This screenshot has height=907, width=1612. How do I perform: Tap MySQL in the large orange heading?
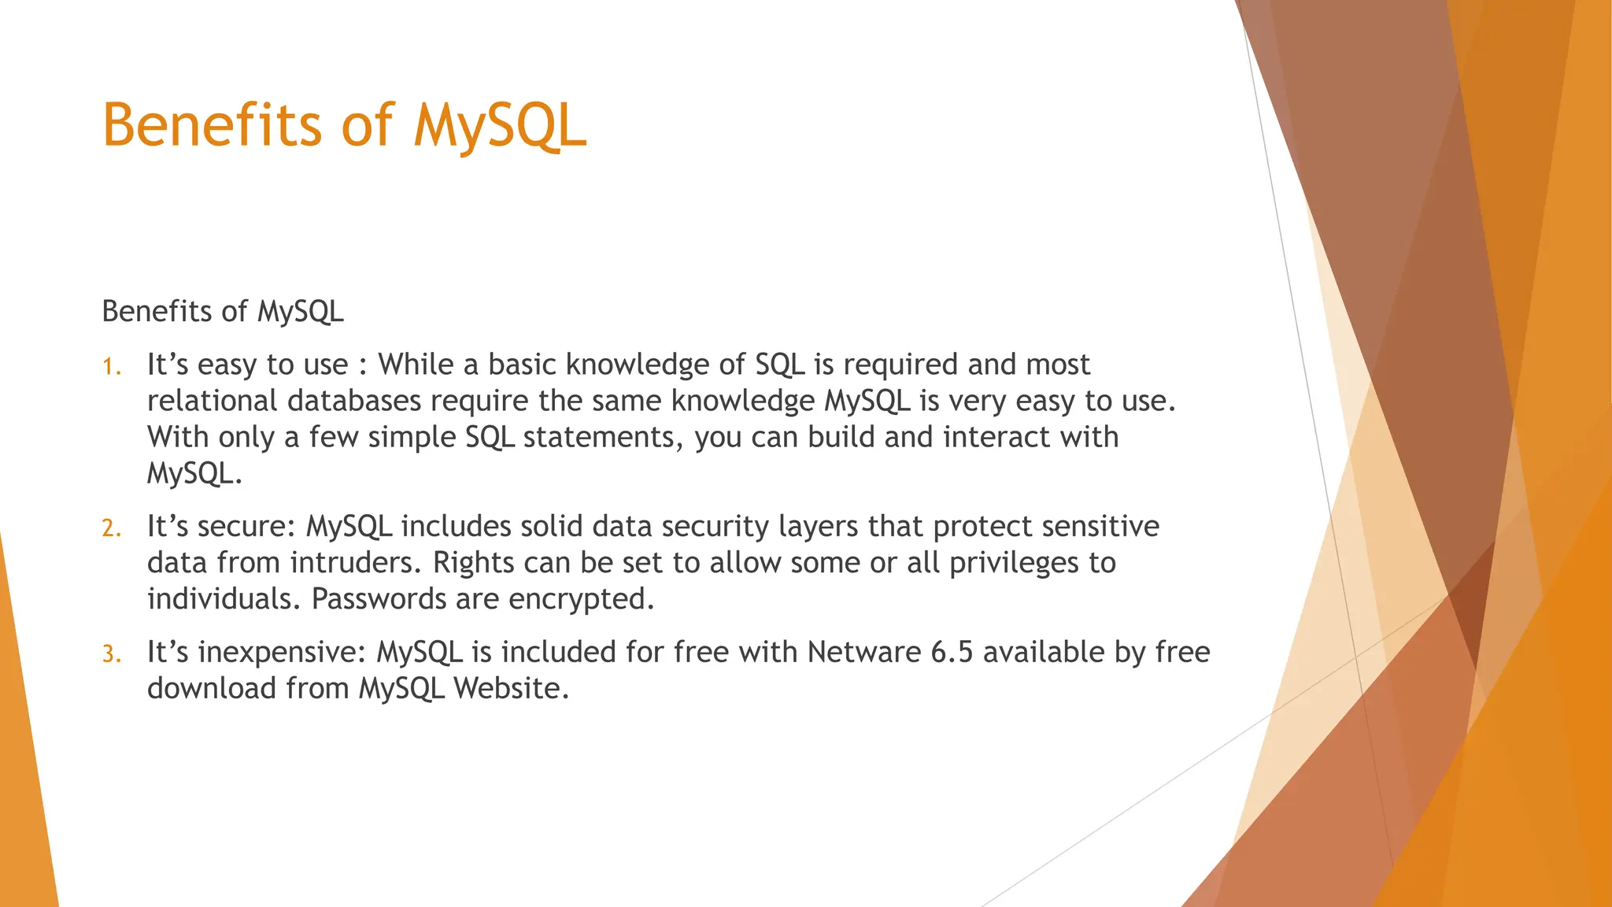click(x=501, y=127)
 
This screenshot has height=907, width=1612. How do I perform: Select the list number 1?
click(x=112, y=367)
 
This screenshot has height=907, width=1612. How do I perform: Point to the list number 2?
click(x=112, y=528)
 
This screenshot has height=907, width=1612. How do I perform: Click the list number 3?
click(x=112, y=654)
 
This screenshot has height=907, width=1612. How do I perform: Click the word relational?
click(x=213, y=401)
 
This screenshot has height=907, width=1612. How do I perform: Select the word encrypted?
click(x=581, y=600)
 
